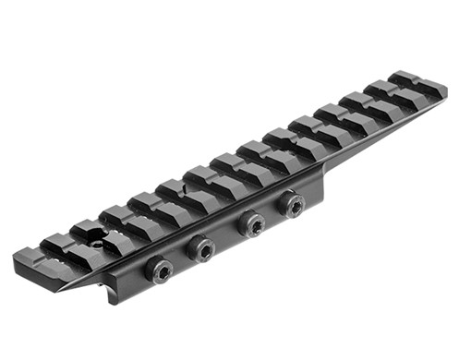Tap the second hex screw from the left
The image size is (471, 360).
tap(201, 248)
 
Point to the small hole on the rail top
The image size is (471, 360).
tap(96, 246)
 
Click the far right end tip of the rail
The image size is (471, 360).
tap(446, 89)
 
